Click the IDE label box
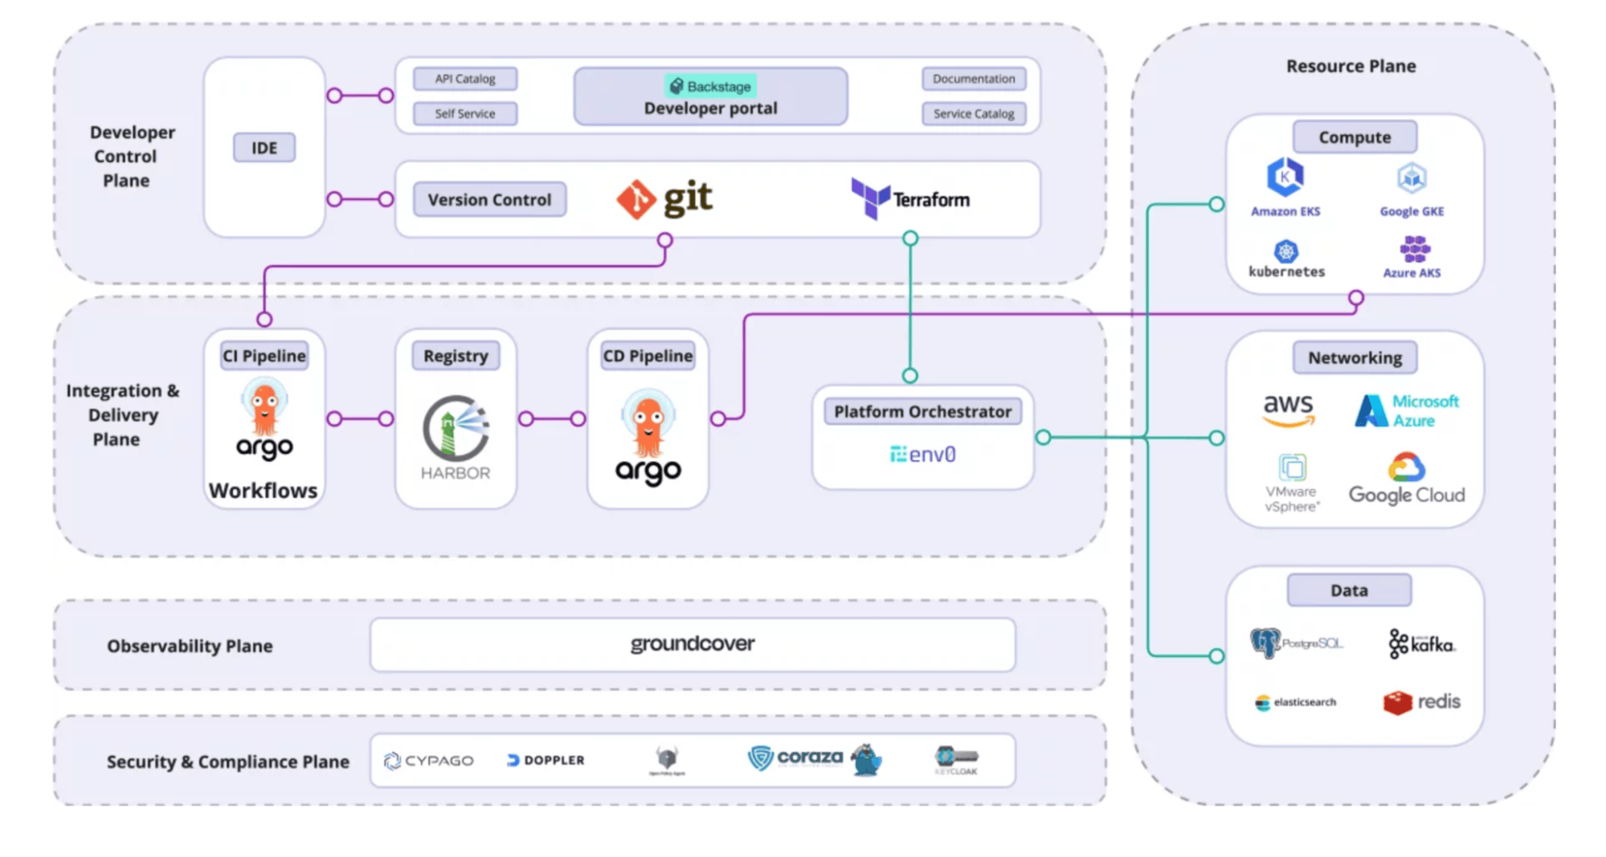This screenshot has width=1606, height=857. click(x=264, y=148)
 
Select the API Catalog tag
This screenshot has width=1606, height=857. click(x=465, y=79)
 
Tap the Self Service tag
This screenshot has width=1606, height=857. click(x=465, y=114)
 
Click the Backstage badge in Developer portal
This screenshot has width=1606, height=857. click(x=711, y=86)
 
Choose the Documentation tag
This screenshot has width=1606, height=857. click(x=974, y=79)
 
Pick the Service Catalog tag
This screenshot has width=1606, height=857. click(x=974, y=114)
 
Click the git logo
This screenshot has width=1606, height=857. click(x=665, y=199)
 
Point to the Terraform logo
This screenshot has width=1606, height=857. click(x=910, y=198)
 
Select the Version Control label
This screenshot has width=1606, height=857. click(x=489, y=200)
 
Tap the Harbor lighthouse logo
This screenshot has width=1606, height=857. click(x=456, y=427)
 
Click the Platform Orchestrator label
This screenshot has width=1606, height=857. click(x=922, y=412)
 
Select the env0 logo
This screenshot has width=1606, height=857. click(x=922, y=455)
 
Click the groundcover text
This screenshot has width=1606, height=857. click(x=693, y=644)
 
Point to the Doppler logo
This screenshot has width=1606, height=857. click(x=546, y=760)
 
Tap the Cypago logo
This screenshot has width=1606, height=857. click(x=429, y=760)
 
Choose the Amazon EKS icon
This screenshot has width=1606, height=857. click(x=1285, y=178)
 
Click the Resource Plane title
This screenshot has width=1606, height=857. click(x=1351, y=66)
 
